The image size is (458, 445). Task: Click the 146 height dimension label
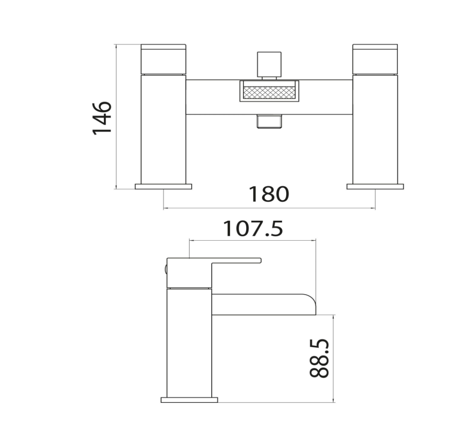click(x=102, y=117)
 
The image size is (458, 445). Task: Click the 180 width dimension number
click(x=268, y=194)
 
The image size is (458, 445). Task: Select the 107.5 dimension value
click(x=253, y=229)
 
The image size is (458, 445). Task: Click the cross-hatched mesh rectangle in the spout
click(x=269, y=92)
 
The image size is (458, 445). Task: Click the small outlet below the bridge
click(x=269, y=121)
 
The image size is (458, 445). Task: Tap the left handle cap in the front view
click(x=164, y=59)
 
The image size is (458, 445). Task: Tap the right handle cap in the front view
click(x=375, y=59)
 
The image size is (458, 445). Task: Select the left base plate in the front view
click(x=163, y=186)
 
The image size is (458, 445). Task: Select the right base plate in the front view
click(x=375, y=186)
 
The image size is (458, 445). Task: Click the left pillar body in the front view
click(x=164, y=129)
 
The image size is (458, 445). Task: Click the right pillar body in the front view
click(x=375, y=129)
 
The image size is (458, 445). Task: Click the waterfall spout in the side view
click(x=263, y=305)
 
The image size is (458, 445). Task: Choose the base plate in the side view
click(x=189, y=400)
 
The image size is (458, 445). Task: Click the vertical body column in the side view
click(x=189, y=342)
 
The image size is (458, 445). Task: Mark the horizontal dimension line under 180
click(x=269, y=208)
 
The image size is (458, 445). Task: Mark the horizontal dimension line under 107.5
click(x=252, y=241)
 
